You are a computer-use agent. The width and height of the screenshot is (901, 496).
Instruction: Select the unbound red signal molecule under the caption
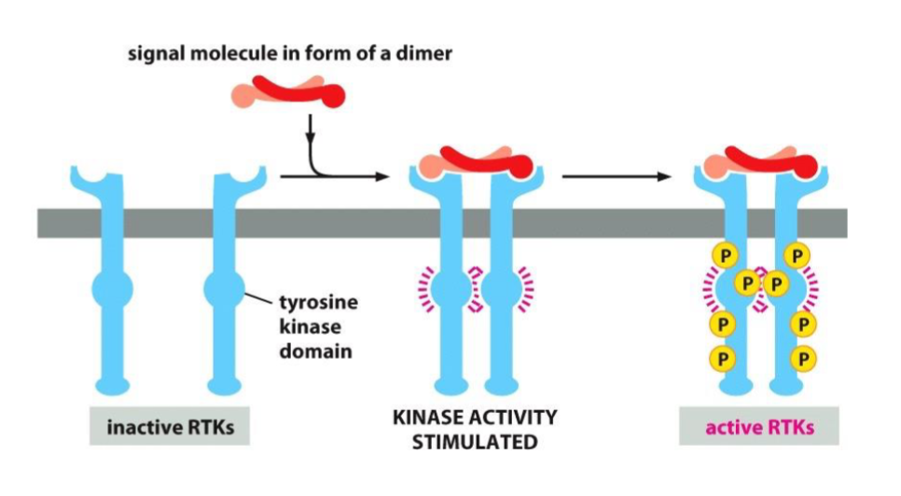[x=285, y=94]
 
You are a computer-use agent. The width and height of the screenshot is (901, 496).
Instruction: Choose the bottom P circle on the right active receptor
[x=800, y=357]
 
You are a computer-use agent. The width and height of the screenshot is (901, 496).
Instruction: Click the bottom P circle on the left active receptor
[x=724, y=357]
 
